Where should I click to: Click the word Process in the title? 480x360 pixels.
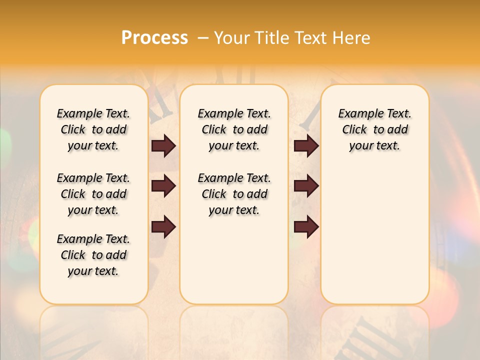(154, 37)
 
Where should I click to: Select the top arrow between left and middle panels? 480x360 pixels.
(163, 145)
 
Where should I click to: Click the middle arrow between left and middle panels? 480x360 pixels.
(163, 186)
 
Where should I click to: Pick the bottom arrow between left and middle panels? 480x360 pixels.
(163, 227)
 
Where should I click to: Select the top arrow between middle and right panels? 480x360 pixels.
(306, 145)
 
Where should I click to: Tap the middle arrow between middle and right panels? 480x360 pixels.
(306, 186)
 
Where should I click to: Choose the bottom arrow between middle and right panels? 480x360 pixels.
(306, 227)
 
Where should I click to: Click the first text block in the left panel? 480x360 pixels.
(93, 129)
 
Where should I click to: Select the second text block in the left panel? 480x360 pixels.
(93, 194)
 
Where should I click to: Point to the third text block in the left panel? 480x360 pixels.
(93, 255)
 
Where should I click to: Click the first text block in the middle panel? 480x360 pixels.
(234, 129)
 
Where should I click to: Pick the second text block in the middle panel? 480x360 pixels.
(234, 194)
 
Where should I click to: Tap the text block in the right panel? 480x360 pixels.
(374, 129)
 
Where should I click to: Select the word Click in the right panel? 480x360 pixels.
(354, 130)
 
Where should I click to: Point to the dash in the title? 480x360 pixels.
(203, 37)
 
